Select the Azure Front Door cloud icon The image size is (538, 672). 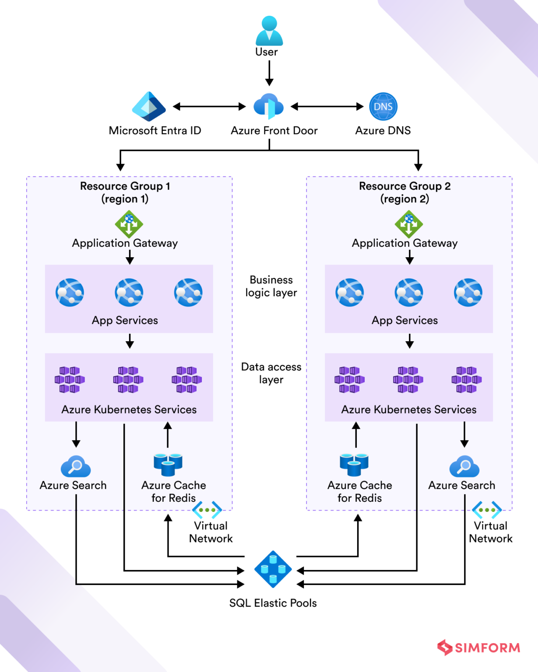click(x=268, y=106)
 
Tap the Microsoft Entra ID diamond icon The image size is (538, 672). click(x=149, y=106)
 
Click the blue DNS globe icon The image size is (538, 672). click(x=383, y=106)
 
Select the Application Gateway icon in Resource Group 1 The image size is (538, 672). click(x=129, y=224)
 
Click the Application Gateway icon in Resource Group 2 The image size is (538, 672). click(x=408, y=224)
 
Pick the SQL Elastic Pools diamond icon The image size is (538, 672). click(x=273, y=569)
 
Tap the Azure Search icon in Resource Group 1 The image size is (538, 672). click(x=76, y=466)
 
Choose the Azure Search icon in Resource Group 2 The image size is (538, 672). click(x=464, y=466)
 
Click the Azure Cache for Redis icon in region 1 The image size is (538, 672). click(x=168, y=465)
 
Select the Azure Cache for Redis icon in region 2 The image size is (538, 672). click(x=354, y=465)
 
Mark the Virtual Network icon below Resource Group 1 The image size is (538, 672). click(x=207, y=510)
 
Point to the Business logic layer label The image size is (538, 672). click(x=271, y=286)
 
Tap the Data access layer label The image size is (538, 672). click(x=271, y=373)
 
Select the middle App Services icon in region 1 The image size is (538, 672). click(x=129, y=292)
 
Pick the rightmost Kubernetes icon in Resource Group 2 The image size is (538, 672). click(x=466, y=380)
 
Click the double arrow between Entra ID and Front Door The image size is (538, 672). click(x=209, y=106)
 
